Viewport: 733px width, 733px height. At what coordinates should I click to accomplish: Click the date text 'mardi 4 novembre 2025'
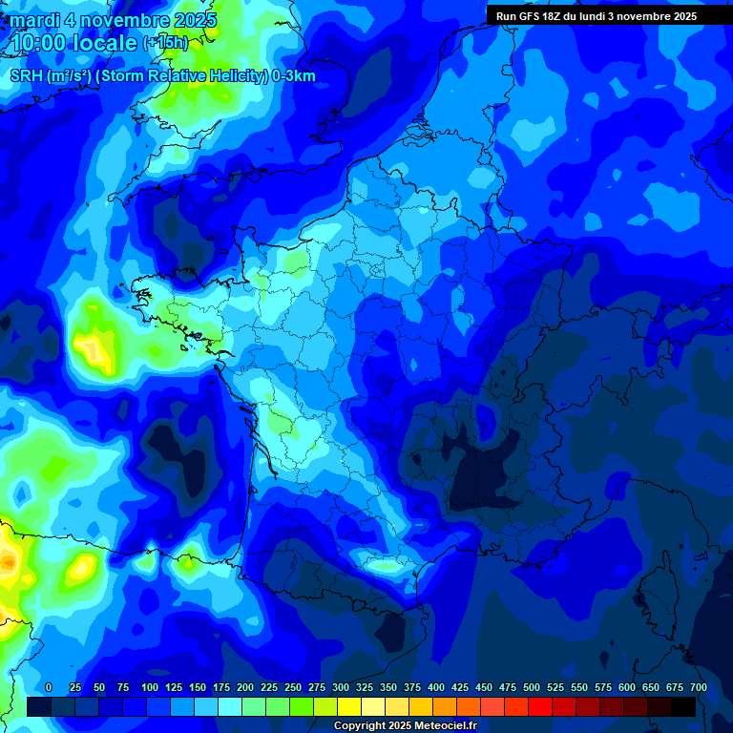[114, 20]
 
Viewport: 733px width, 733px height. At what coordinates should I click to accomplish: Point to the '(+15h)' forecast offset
[166, 43]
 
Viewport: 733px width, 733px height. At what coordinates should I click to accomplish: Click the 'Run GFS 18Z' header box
[597, 16]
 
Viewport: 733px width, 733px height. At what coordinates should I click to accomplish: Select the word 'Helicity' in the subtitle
[233, 76]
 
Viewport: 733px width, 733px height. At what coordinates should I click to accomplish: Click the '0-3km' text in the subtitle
[294, 76]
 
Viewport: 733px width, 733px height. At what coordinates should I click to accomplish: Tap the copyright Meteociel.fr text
[405, 726]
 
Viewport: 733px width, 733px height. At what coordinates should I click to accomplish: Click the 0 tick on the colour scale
[49, 688]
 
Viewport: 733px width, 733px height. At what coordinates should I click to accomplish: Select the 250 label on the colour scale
[293, 688]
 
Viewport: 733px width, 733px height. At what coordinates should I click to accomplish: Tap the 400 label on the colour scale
[436, 688]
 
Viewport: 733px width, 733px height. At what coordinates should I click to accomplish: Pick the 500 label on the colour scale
[532, 688]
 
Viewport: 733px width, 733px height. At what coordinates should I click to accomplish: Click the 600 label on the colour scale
[627, 688]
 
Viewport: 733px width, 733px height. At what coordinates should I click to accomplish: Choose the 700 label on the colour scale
[698, 688]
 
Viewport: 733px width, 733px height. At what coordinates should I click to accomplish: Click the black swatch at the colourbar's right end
[683, 706]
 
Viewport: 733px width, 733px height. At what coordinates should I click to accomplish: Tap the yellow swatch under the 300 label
[349, 706]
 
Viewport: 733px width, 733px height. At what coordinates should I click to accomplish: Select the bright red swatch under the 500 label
[540, 706]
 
